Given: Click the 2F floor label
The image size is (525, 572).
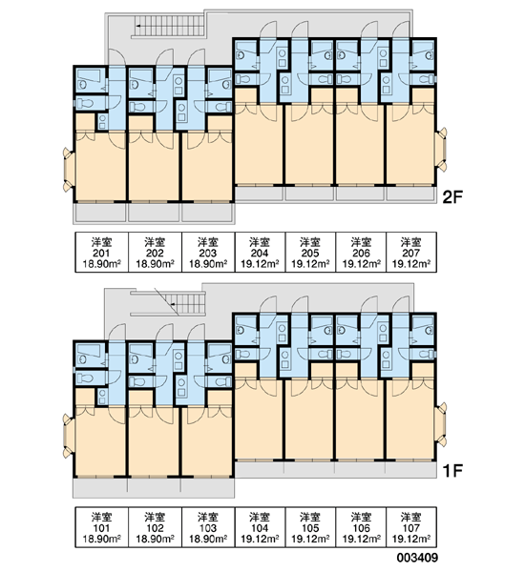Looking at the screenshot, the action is click(x=452, y=197).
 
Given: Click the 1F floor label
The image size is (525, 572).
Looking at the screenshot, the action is click(x=452, y=471).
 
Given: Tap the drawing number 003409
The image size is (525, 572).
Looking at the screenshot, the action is click(x=417, y=558).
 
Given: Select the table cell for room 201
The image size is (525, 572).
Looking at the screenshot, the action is click(x=102, y=252).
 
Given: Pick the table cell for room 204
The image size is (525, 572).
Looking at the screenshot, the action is click(x=260, y=252).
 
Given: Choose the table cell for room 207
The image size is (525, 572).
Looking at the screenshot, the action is click(x=411, y=252).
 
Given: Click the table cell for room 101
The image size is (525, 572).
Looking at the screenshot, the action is click(x=102, y=527).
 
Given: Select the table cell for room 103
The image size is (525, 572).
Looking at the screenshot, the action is click(x=208, y=527).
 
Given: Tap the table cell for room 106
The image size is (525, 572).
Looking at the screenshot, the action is click(x=361, y=527).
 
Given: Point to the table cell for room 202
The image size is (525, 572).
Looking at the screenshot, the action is click(x=155, y=252).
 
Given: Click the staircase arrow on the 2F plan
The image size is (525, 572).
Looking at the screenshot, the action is click(x=139, y=26).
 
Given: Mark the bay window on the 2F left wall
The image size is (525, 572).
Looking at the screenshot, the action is click(x=69, y=170).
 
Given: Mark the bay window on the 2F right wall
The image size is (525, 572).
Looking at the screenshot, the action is click(x=442, y=149).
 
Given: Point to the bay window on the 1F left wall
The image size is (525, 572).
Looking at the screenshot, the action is click(x=69, y=436).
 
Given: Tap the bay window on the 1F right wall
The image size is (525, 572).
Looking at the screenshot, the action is click(x=442, y=423).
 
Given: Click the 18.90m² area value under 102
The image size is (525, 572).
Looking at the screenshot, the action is click(x=155, y=539).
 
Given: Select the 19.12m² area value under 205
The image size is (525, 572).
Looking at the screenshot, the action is click(x=310, y=264).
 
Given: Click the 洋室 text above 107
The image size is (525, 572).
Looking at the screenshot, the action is click(x=411, y=517).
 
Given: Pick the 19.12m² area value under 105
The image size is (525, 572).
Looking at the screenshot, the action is click(x=310, y=539).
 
